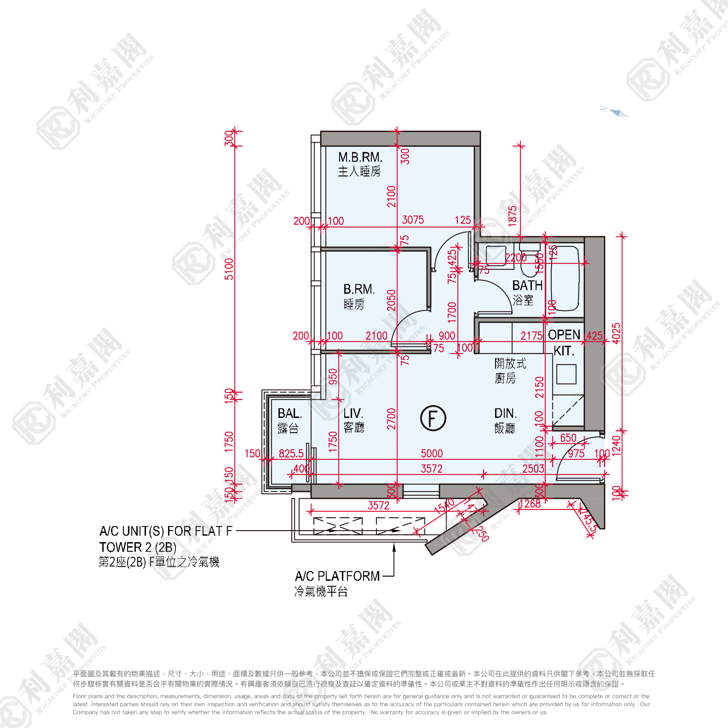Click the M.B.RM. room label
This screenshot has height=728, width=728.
360,157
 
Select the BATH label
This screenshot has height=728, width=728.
527,285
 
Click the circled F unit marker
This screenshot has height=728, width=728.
433,418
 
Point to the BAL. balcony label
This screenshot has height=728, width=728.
290,413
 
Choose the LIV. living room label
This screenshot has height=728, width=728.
353,413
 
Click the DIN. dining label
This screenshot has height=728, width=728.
505,413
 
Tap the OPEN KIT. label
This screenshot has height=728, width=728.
564,342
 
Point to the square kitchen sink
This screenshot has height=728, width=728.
566,374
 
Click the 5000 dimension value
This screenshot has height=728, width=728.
432,453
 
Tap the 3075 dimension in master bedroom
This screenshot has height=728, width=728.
413,220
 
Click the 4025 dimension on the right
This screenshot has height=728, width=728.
616,334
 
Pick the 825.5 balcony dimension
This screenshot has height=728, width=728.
291,453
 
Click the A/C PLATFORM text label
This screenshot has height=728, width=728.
337,576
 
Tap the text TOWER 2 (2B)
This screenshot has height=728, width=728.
138,547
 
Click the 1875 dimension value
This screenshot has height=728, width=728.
513,216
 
